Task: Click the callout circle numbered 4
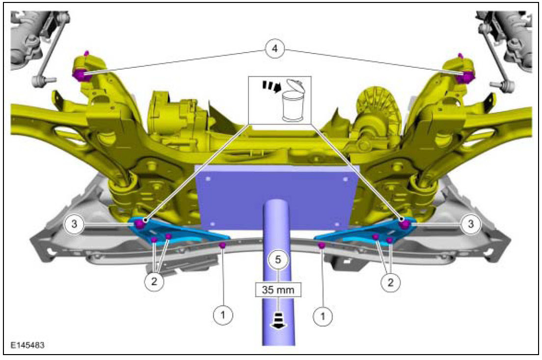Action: coord(274,49)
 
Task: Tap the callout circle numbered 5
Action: coord(278,260)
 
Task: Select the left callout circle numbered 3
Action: coord(74,224)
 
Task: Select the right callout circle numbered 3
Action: coord(470,224)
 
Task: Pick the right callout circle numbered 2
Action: coord(391,282)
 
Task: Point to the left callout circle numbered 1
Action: coord(223,315)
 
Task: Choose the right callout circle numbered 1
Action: coord(323,316)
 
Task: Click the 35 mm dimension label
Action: coord(278,290)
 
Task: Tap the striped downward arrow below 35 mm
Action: coord(278,321)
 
